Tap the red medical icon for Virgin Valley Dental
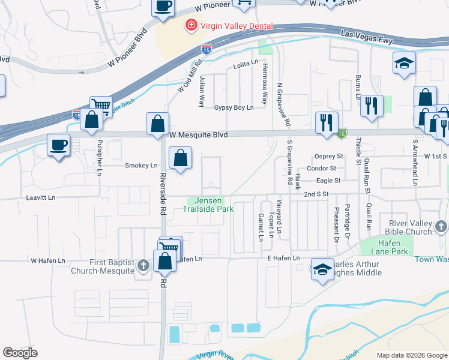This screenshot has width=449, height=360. [191, 26]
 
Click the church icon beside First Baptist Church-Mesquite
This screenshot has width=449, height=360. [143, 265]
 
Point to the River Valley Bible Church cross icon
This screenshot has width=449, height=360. [441, 226]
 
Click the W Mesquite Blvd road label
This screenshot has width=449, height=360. [198, 136]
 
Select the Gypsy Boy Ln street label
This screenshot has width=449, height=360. [234, 108]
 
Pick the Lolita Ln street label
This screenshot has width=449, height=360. [245, 63]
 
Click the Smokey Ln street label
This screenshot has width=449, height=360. [141, 165]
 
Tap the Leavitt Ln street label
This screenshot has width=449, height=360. [40, 197]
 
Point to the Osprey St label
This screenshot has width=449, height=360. [328, 156]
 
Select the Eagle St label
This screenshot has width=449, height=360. [329, 180]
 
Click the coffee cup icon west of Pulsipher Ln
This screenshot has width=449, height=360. [58, 145]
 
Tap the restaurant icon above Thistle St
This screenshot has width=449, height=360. [372, 106]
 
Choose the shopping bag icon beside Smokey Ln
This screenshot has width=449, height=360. [180, 159]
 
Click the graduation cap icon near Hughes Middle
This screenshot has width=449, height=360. [322, 269]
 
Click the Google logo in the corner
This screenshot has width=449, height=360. [20, 353]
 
